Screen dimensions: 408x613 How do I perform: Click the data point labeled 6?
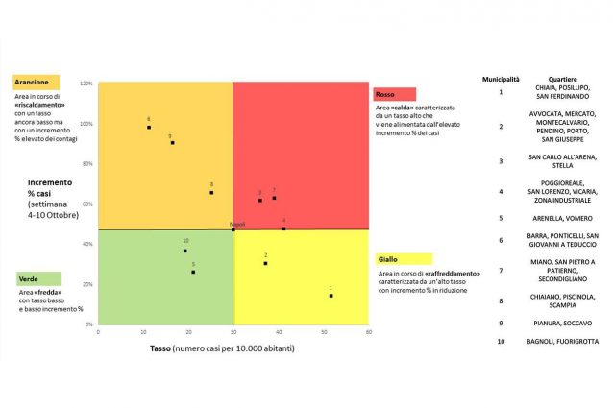click(149, 128)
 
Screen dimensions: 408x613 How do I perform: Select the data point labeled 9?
click(172, 142)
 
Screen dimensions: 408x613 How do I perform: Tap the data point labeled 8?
click(211, 192)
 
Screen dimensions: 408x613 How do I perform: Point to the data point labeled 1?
click(331, 296)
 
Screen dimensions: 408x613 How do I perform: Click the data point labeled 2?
click(265, 263)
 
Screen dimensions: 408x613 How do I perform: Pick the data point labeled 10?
click(185, 251)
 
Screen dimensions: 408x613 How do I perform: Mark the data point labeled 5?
click(193, 272)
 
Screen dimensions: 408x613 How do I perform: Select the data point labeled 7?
click(274, 198)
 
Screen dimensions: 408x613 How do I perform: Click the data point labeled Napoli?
click(233, 229)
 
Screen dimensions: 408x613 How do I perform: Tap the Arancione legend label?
click(33, 83)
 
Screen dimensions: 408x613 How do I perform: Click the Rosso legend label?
click(385, 94)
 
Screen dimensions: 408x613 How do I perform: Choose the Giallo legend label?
click(387, 259)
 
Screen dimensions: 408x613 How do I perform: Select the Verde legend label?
click(27, 278)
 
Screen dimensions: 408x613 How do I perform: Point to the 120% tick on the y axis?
click(86, 84)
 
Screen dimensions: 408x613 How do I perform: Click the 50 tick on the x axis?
click(325, 332)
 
